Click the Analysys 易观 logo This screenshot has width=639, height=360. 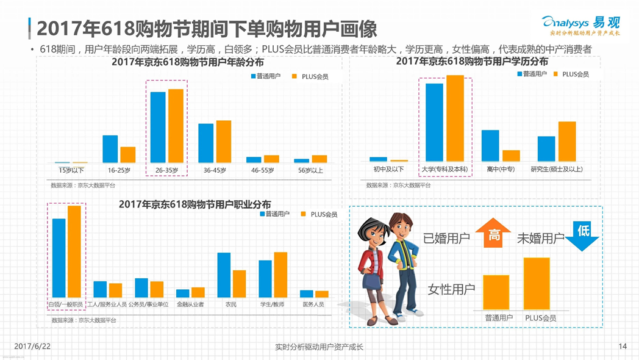(582, 26)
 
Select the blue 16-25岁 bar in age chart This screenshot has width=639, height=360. (110, 149)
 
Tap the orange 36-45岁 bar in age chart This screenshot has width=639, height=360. (224, 142)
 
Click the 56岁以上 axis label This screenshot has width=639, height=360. (310, 170)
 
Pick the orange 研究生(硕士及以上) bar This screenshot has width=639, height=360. (567, 141)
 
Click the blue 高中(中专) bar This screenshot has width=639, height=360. (490, 145)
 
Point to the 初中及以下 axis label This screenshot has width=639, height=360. (388, 169)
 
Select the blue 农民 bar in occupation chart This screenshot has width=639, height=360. (224, 275)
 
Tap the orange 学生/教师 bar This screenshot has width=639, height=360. (280, 275)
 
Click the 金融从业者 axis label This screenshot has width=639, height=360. (190, 304)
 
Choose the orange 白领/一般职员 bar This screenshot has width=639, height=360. (74, 251)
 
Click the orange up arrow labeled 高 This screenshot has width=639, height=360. (494, 233)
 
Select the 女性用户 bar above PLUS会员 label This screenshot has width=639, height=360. (541, 283)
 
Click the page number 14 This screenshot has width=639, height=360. (623, 347)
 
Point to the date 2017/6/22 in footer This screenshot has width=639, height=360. (32, 347)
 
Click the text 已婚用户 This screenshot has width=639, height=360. (447, 239)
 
